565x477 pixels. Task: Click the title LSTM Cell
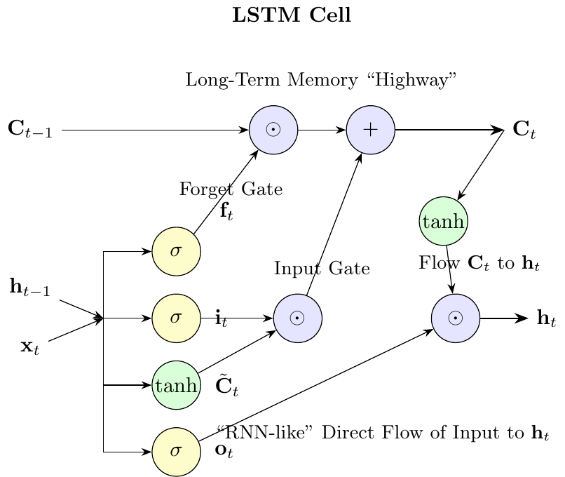click(x=291, y=15)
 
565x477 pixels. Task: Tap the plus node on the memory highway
click(x=371, y=130)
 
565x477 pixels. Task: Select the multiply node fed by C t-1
click(x=273, y=130)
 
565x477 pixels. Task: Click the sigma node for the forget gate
click(x=177, y=251)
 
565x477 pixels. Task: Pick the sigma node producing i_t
click(x=177, y=318)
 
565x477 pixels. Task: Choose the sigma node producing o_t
click(x=177, y=452)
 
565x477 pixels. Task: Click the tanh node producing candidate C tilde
click(x=177, y=385)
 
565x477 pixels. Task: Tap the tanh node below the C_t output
click(x=444, y=222)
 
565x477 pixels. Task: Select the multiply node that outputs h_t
click(x=456, y=318)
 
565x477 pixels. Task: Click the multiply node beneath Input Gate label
click(x=297, y=318)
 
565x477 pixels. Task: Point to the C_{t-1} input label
click(x=30, y=130)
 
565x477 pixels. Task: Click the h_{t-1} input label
click(x=29, y=288)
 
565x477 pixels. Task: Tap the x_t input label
click(x=29, y=347)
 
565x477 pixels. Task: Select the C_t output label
click(x=524, y=130)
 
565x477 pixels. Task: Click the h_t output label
click(x=545, y=319)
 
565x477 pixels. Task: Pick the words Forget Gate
click(x=231, y=189)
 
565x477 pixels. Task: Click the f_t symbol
click(x=226, y=212)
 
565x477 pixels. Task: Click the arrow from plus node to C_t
click(x=449, y=130)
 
